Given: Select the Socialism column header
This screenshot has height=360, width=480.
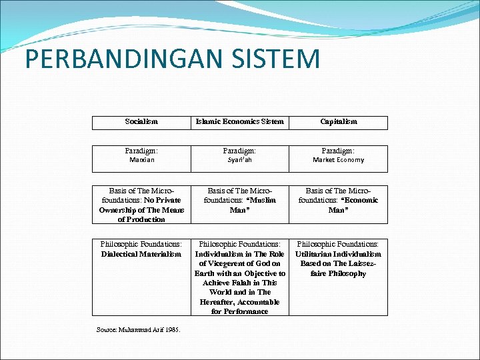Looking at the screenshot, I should (x=141, y=121).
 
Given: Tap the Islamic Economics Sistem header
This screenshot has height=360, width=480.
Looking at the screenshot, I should (x=239, y=121).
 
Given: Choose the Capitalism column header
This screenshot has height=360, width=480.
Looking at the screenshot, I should (x=338, y=121).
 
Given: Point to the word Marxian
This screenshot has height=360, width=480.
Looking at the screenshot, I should (x=141, y=160).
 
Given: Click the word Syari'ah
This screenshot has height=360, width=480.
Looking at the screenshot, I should (x=239, y=160).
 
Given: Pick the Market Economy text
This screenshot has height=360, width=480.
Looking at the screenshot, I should (x=338, y=160).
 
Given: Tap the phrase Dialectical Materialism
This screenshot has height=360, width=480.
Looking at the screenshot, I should (x=141, y=254).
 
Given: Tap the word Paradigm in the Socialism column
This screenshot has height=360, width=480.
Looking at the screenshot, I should (x=141, y=150).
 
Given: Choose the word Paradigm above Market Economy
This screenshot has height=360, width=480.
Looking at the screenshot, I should (x=338, y=150).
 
